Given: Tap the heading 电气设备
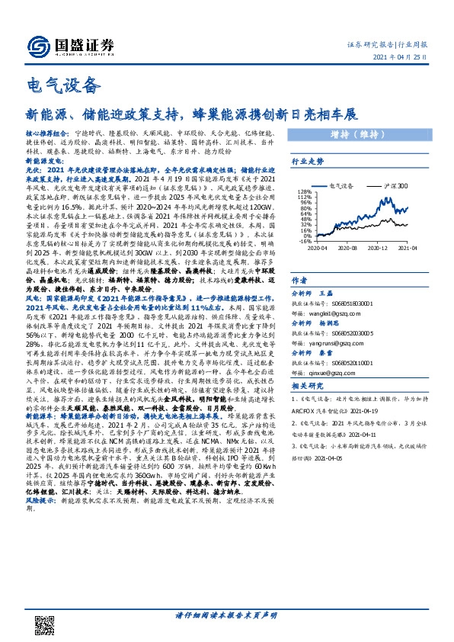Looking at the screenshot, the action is coord(53,83).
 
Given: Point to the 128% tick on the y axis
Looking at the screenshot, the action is coord(302,191).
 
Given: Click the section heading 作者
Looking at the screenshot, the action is coord(300,279).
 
